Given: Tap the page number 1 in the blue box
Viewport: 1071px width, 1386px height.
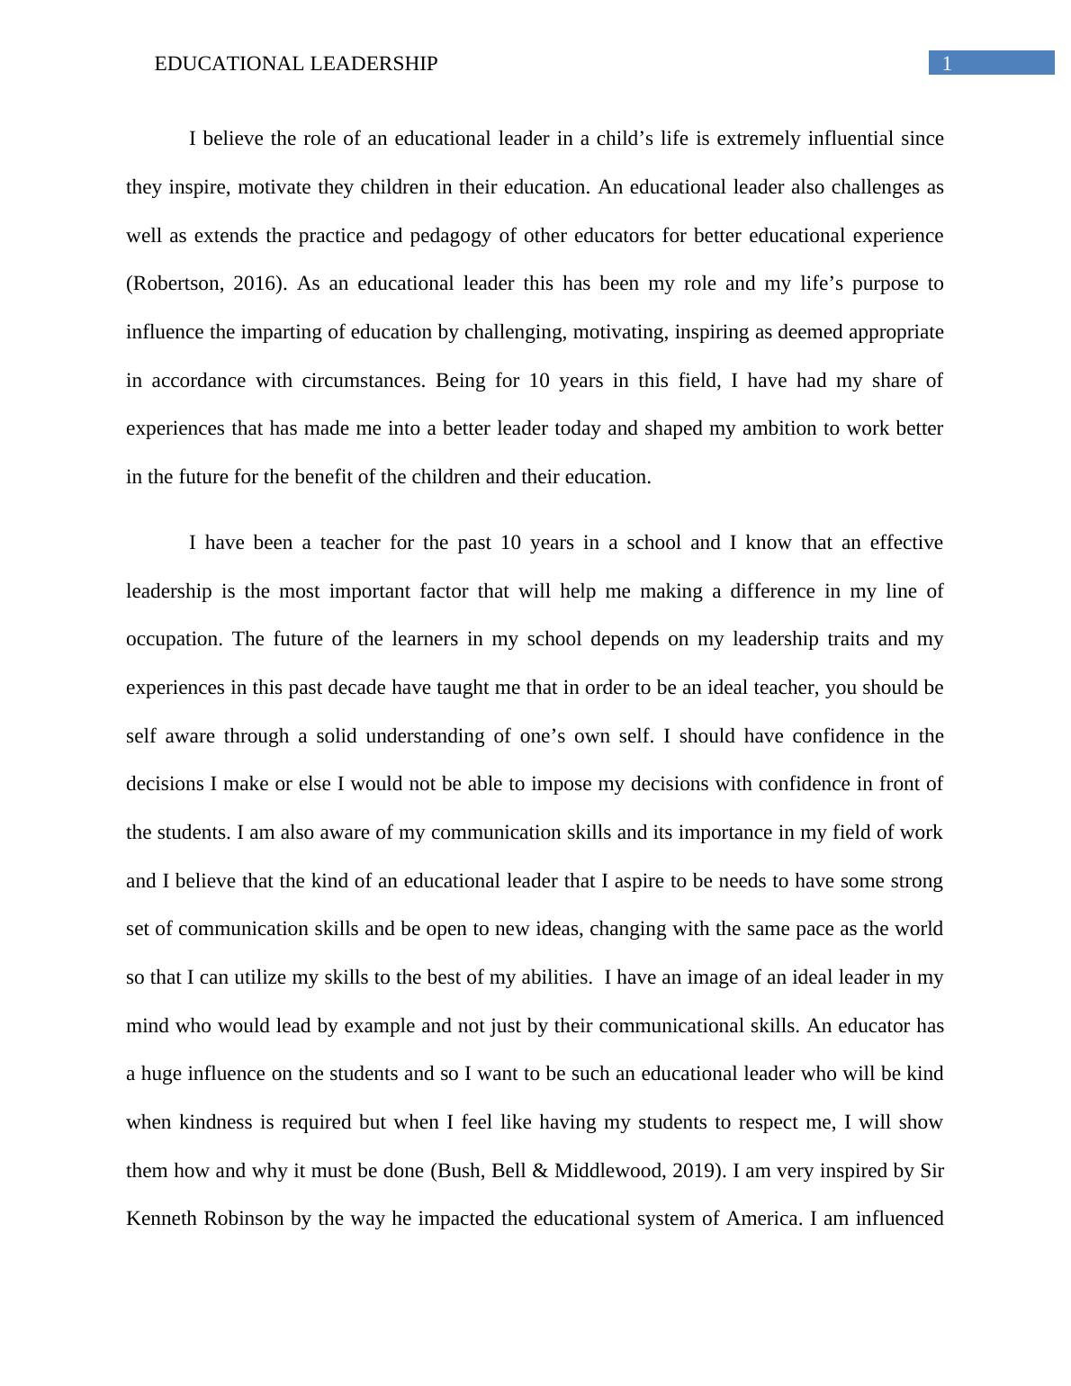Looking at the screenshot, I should click(947, 64).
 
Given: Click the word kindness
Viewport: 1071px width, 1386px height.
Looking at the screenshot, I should click(216, 1122).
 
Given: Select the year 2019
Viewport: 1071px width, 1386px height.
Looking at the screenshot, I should click(697, 1171).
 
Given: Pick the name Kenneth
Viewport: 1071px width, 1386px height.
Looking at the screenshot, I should click(161, 1219).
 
